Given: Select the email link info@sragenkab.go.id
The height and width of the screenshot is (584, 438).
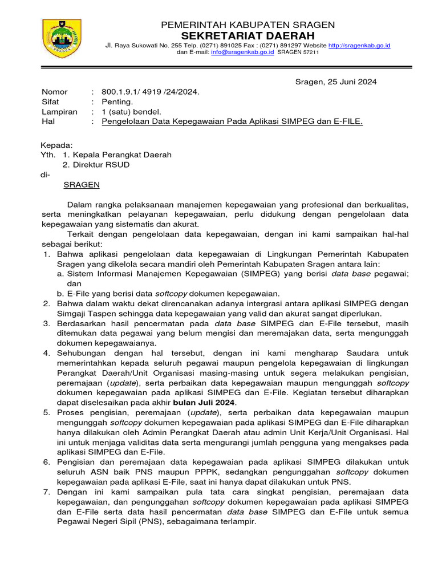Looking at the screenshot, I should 243,52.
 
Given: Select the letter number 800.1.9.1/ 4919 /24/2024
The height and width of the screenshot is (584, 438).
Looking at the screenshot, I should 151,92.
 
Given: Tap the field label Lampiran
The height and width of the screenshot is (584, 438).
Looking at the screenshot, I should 59,112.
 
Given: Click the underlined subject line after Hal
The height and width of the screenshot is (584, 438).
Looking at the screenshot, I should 232,122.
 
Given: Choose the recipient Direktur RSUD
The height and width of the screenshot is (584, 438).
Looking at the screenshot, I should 101,165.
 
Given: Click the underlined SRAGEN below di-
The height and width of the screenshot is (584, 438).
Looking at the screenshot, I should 81,185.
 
